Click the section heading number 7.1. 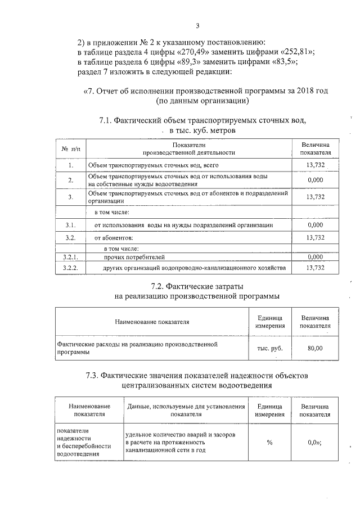(x=106, y=120)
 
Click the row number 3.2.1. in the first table (x=71, y=257)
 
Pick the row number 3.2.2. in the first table (x=71, y=268)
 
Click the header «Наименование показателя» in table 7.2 (x=152, y=322)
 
